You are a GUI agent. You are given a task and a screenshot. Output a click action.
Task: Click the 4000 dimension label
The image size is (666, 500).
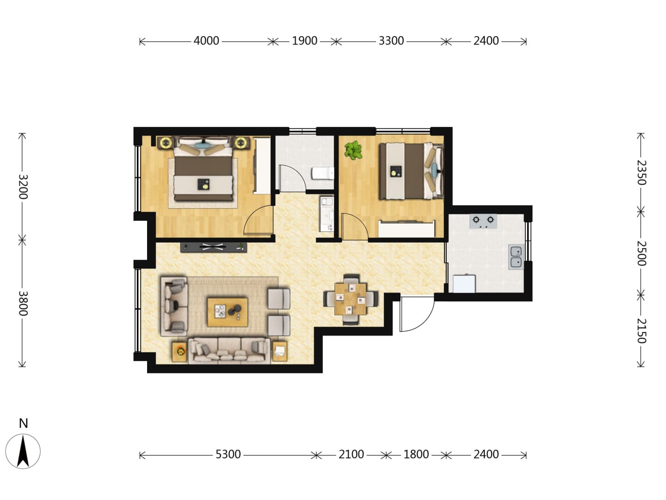coord(206,41)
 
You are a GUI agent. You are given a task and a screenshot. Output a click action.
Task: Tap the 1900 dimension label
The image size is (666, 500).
coord(304,41)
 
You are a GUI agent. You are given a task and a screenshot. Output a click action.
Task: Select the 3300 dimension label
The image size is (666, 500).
coord(391,41)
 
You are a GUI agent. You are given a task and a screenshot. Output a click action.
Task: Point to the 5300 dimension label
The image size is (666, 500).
coord(228,455)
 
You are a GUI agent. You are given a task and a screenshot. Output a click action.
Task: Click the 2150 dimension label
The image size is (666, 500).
coord(641,331)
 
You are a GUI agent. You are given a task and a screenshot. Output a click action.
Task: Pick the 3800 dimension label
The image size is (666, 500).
coord(23,303)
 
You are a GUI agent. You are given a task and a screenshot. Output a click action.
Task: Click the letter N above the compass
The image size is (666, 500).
coord(24,423)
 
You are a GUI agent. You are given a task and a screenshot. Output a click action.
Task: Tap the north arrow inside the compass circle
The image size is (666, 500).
coord(23,450)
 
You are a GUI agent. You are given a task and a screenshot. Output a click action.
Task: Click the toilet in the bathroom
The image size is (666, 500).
coord(323,173)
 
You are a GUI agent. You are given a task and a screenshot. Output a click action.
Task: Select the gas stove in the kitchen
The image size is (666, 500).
coord(483,221)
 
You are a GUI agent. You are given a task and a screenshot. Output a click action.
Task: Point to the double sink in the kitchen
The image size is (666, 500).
coord(516,257)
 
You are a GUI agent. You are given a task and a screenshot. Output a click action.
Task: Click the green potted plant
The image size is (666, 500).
coord(353,150)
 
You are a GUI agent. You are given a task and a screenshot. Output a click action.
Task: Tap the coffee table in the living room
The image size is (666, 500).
coord(228,312)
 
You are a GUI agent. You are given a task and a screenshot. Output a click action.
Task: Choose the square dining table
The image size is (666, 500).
coord(351,299)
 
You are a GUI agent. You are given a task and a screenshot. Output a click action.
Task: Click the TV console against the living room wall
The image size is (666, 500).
coord(213,247)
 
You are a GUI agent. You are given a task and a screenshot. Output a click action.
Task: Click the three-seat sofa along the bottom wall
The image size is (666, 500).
coord(229,350)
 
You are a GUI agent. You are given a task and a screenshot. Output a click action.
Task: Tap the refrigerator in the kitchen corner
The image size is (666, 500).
coord(464,283)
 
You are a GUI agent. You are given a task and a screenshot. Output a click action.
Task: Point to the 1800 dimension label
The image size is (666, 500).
coord(416,455)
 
